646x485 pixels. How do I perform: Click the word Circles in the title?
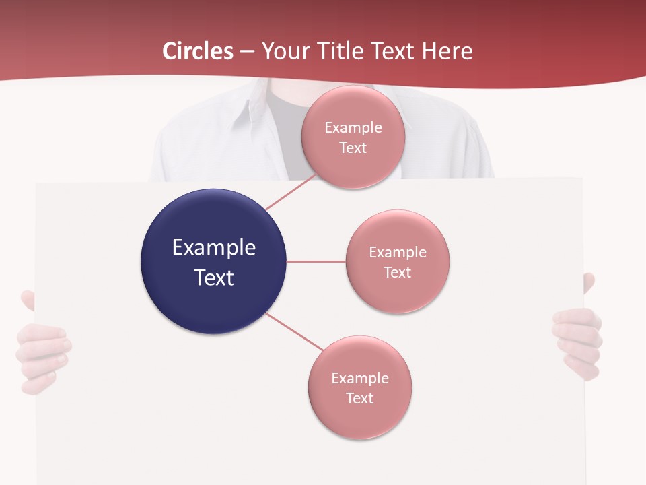[x=198, y=51]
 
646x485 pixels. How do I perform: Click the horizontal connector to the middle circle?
[x=316, y=261]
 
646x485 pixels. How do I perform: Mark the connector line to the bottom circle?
[x=294, y=331]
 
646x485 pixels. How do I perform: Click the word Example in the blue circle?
[x=213, y=248]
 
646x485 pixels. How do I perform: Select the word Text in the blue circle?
[x=213, y=278]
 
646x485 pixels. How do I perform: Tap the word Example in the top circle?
[x=353, y=128]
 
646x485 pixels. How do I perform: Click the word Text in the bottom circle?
[x=360, y=398]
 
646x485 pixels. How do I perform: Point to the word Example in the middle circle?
[x=398, y=253]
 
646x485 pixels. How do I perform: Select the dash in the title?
[x=247, y=52]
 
